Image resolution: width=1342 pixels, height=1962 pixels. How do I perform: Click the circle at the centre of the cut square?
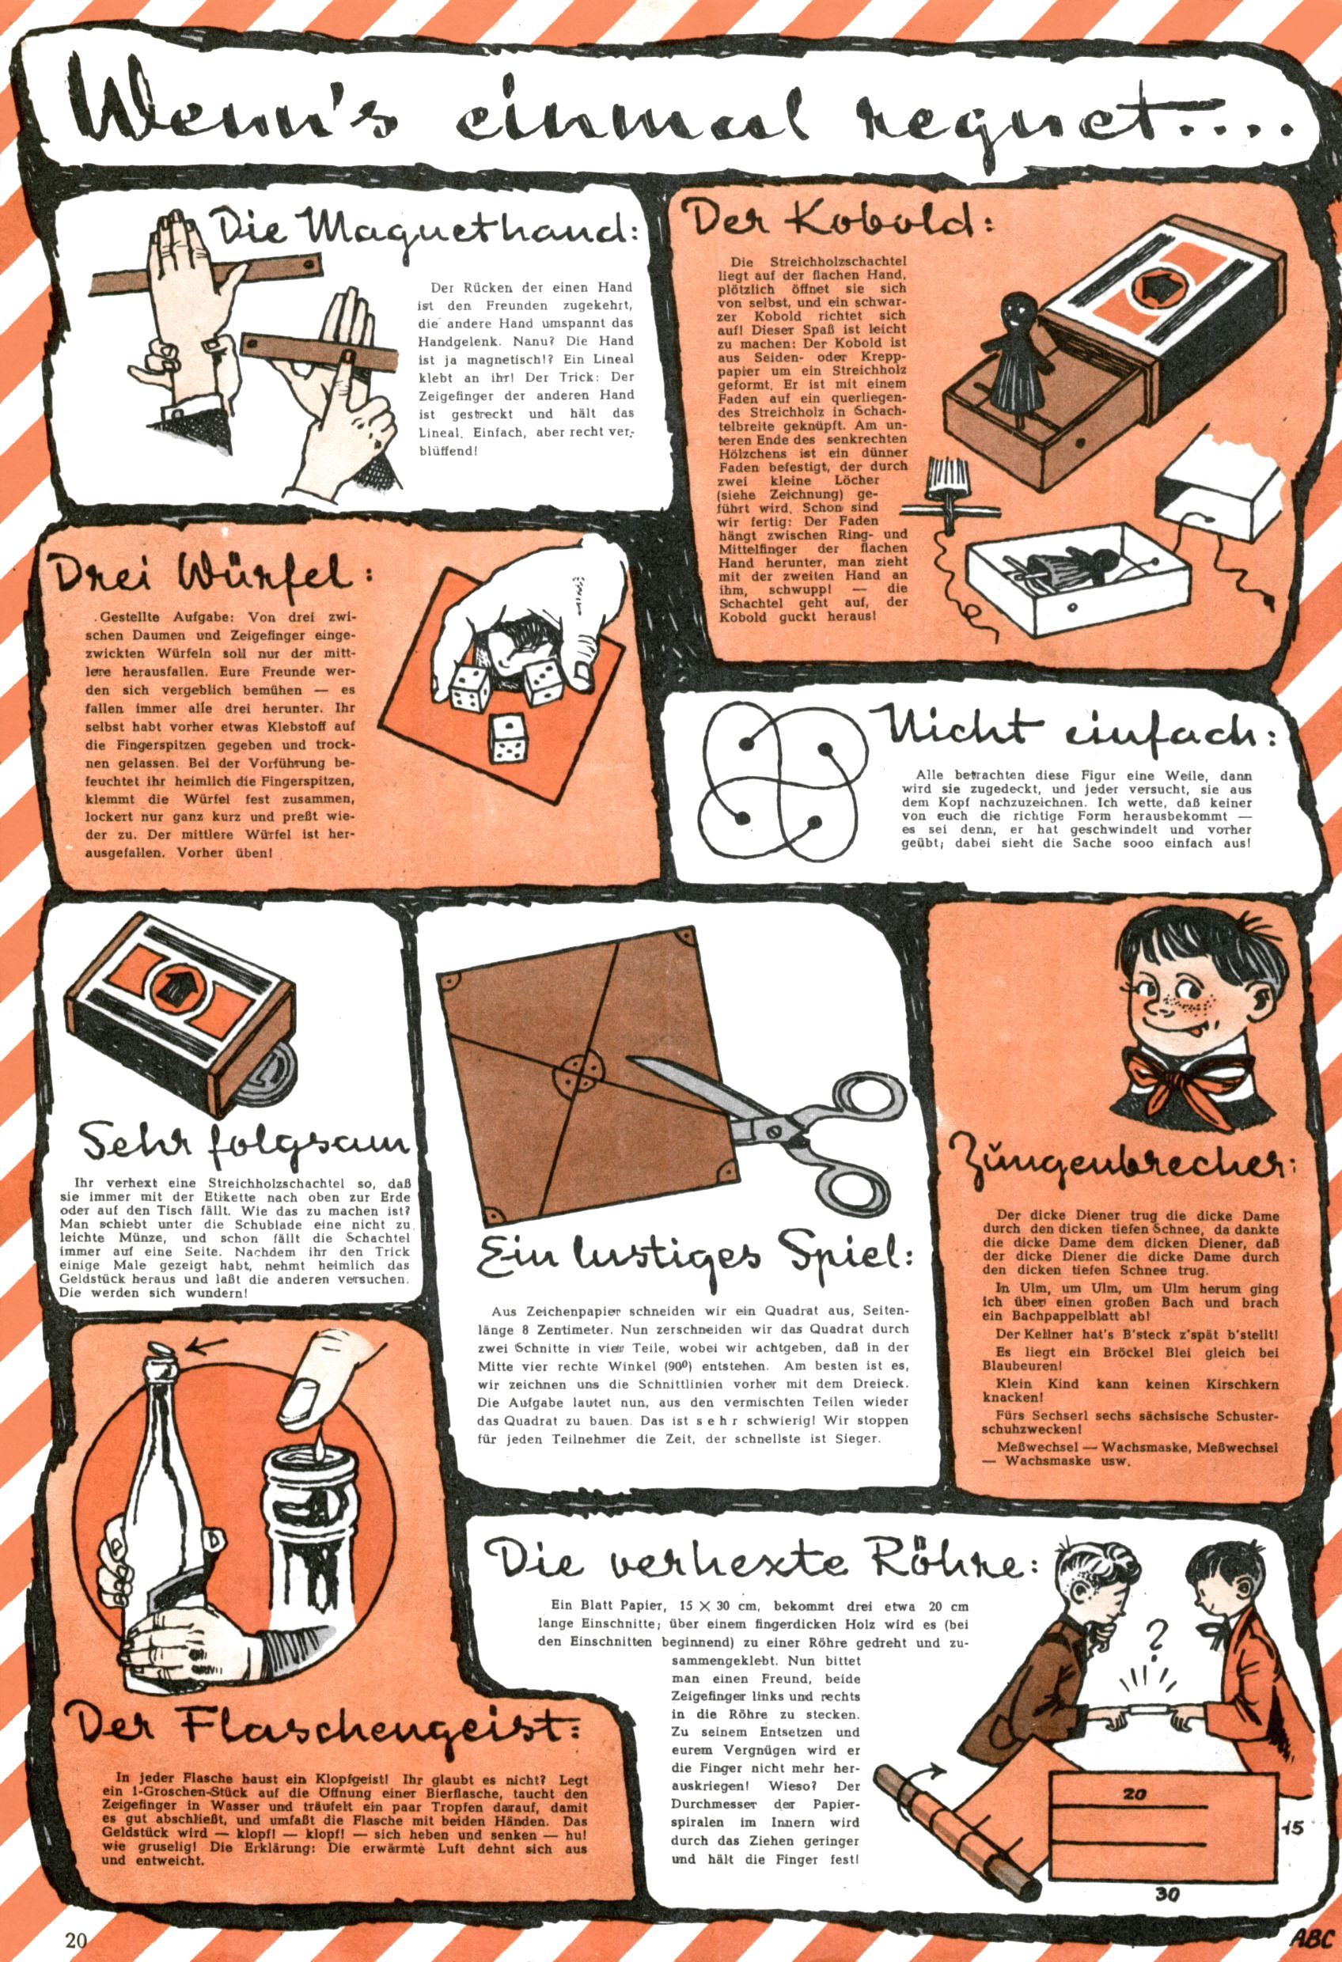578,1072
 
